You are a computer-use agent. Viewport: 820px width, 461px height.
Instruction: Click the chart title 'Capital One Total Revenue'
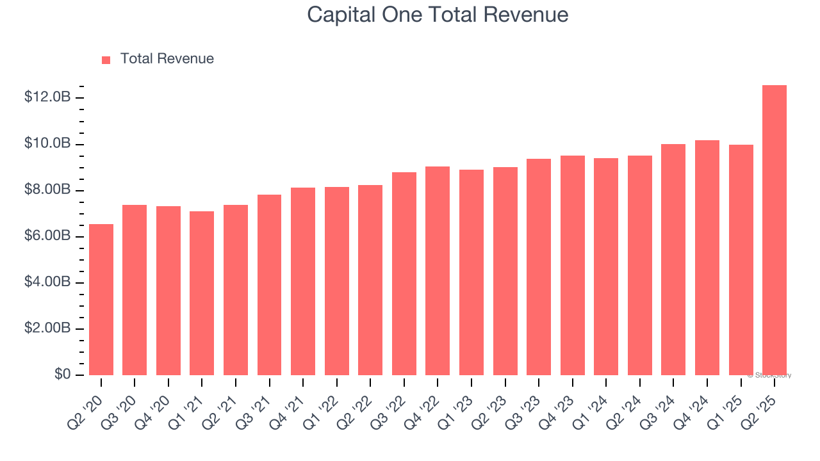tap(438, 14)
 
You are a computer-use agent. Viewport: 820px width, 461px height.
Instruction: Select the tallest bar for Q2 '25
tap(775, 230)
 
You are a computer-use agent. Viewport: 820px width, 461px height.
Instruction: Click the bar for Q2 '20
tap(101, 300)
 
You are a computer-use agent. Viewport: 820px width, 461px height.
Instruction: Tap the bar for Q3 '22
tap(404, 274)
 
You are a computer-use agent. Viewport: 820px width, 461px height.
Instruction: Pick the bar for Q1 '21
tap(202, 293)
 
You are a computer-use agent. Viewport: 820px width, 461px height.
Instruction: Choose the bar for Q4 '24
tap(707, 258)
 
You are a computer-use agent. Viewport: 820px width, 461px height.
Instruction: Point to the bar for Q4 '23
tap(573, 266)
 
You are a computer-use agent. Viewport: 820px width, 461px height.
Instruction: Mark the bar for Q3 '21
tap(269, 285)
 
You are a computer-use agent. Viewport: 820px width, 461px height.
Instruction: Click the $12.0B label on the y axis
tap(47, 97)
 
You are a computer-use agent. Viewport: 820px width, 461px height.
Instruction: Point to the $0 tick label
tap(61, 375)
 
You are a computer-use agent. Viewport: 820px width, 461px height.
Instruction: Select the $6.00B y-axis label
tap(47, 236)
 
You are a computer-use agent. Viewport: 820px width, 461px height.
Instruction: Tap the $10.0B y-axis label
tap(47, 143)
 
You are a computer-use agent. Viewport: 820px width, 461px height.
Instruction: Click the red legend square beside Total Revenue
tap(106, 60)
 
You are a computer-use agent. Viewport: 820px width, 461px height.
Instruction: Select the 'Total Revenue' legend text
tap(167, 59)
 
